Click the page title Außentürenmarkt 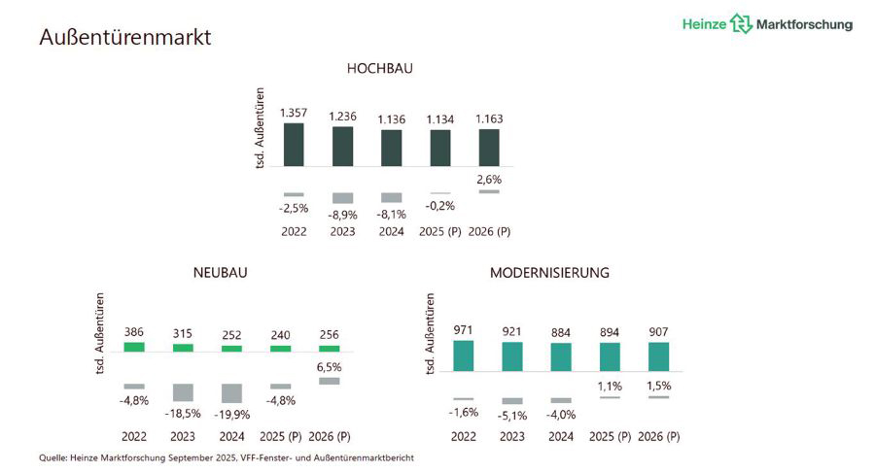[125, 38]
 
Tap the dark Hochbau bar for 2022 [294, 144]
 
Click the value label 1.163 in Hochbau [489, 118]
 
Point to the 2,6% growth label [489, 179]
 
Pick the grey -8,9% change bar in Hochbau [342, 197]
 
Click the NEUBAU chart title [220, 273]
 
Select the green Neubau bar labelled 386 [134, 346]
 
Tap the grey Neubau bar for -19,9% [231, 392]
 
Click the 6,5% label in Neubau [330, 367]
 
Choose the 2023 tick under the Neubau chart [183, 436]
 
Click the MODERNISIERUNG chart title [549, 273]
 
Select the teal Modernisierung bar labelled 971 [464, 355]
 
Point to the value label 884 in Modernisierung [561, 330]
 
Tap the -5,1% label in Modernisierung [512, 416]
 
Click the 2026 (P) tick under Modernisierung [659, 436]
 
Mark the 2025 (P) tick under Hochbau [439, 232]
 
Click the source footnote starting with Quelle [227, 457]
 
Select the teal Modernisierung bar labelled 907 [659, 356]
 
